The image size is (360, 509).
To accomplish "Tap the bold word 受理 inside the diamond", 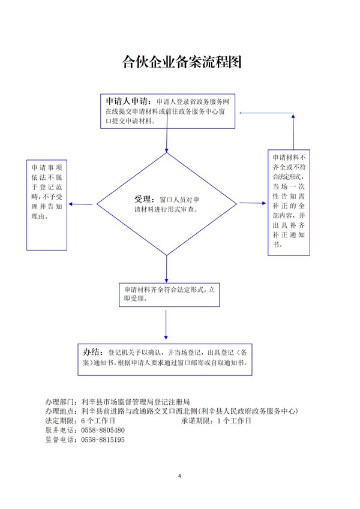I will click(143, 199).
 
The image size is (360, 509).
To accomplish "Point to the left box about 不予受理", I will click(46, 204).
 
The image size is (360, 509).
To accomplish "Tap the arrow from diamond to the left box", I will click(82, 204).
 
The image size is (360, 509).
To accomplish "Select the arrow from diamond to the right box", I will click(252, 203).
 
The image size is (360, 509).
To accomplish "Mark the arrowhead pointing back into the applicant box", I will click(244, 113).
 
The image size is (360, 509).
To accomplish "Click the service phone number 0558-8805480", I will click(102, 430).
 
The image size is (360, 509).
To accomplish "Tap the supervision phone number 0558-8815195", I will click(102, 439).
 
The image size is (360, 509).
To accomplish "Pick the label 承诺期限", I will click(197, 421).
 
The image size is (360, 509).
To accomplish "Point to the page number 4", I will click(180, 476).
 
